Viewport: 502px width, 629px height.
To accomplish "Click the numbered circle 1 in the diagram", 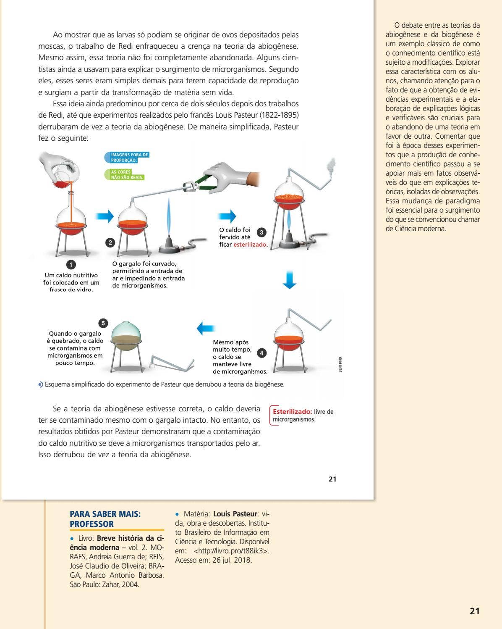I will click(71, 264).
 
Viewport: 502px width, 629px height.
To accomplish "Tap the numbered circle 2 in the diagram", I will click(110, 242).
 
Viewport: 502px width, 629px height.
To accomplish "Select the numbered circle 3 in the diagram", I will click(261, 232).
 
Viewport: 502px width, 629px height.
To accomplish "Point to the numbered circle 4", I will click(261, 353).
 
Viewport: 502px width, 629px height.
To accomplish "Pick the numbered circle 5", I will click(103, 323).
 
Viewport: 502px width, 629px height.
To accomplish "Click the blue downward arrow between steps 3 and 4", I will click(289, 280).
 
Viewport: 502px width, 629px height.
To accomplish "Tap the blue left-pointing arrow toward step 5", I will click(206, 328).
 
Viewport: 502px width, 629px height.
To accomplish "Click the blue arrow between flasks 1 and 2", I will click(105, 216).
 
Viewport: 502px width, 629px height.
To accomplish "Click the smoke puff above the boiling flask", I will click(331, 166).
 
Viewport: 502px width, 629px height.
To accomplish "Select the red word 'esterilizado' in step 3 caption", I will click(250, 245).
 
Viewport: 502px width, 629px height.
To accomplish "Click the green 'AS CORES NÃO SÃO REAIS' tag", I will click(125, 175).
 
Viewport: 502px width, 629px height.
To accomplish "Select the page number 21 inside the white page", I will click(332, 479).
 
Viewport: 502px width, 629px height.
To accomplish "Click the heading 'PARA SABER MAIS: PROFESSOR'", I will click(105, 519).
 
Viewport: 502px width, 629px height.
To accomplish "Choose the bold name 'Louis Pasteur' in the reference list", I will click(235, 514).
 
